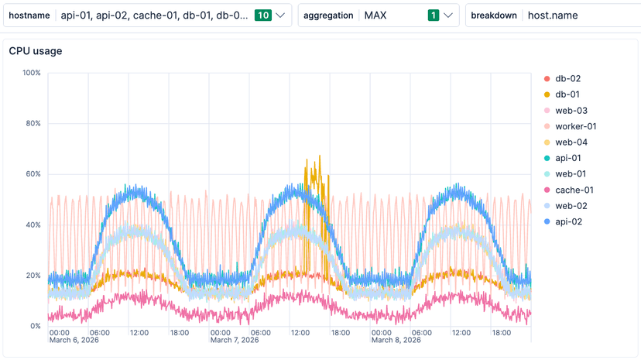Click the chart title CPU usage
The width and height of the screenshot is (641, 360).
[36, 51]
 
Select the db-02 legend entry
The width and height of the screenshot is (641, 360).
[567, 78]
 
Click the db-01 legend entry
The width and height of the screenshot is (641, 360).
[567, 94]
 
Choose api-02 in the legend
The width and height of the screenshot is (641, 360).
[569, 221]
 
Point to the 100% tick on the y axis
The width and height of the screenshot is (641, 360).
[31, 73]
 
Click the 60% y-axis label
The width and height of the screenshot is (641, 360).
[33, 174]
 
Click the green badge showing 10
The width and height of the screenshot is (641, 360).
[262, 15]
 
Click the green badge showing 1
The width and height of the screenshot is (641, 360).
[433, 15]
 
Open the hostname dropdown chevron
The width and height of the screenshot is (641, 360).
[279, 15]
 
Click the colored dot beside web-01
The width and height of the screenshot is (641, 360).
[547, 174]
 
